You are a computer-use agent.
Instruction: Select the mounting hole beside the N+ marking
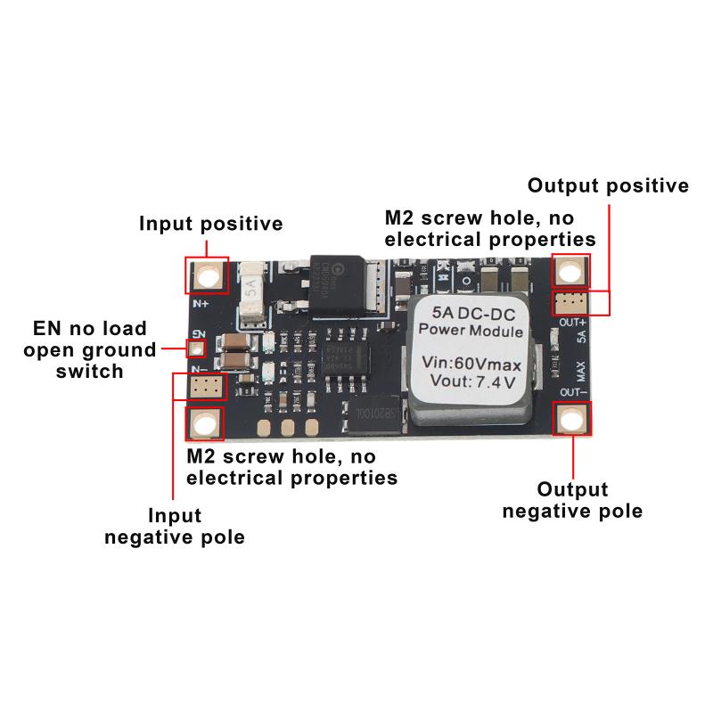(207, 275)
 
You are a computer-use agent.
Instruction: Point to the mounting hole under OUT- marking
(571, 418)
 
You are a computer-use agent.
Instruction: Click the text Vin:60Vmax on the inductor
(473, 364)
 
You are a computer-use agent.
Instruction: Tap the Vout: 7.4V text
(473, 383)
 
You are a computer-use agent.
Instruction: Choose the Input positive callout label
(210, 223)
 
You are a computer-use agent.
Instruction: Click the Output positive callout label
(608, 185)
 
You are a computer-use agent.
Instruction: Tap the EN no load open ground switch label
(89, 349)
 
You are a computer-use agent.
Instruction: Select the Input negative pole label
(174, 526)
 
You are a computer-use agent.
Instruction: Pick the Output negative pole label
(572, 500)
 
